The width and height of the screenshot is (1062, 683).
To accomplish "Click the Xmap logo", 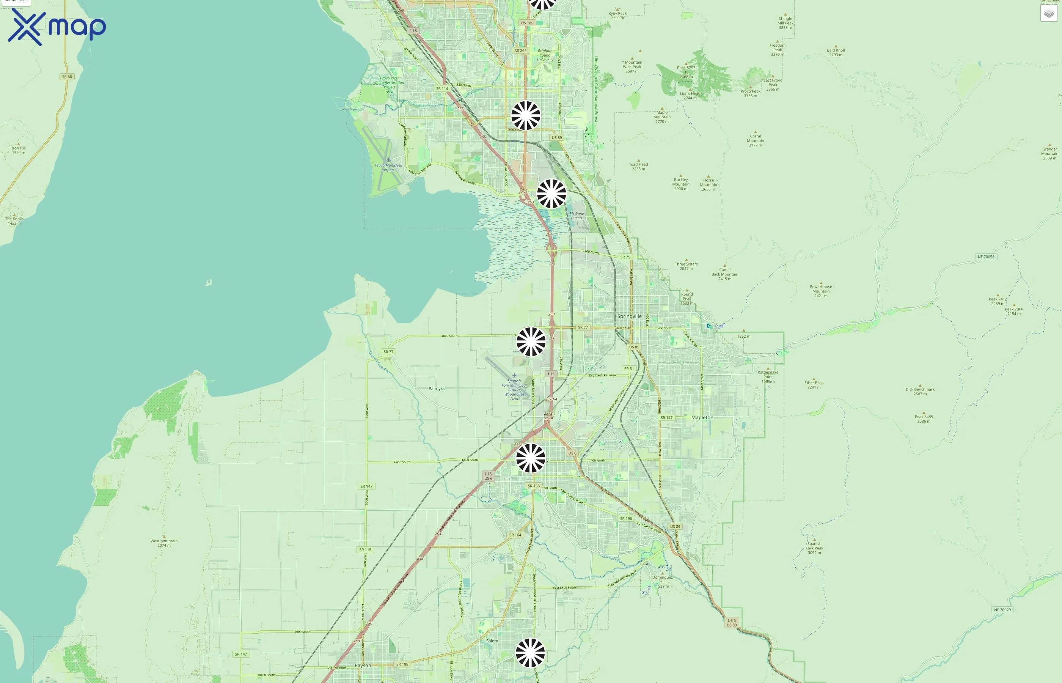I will click(57, 27).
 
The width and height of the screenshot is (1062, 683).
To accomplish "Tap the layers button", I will click(1049, 13).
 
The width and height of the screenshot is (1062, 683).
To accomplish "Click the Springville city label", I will click(629, 316).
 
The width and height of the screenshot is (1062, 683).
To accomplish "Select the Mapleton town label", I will click(702, 417).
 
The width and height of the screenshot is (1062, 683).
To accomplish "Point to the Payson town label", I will click(363, 665).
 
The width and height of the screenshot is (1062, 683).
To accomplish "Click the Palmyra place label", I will click(436, 389).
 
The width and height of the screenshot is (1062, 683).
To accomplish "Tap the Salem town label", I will click(492, 641).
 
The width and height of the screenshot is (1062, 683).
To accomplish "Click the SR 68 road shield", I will click(67, 77).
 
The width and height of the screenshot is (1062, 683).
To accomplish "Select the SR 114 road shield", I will click(442, 89).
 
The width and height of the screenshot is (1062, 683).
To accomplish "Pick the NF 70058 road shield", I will click(986, 257).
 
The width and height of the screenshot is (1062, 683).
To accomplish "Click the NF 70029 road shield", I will click(1002, 610).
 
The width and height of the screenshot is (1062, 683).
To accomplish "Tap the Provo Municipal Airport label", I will click(388, 167).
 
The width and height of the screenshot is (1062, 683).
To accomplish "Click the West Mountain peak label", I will click(163, 543).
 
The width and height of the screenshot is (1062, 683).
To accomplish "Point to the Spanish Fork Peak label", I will click(814, 548).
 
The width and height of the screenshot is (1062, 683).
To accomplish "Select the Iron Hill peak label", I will click(19, 150).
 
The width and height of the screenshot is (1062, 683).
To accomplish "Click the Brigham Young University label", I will click(545, 55).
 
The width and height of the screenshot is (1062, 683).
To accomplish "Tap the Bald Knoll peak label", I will click(836, 52).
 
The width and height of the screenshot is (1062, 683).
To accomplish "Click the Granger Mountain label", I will click(1049, 153).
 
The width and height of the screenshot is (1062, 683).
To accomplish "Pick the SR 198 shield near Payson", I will click(402, 664).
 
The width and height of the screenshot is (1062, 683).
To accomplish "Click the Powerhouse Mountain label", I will click(820, 291).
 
